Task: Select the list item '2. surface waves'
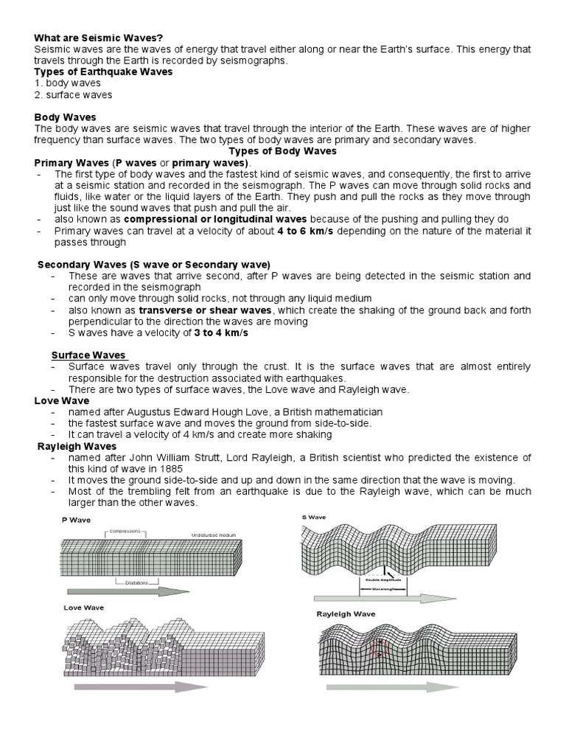[74, 94]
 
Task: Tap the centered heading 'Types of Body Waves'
[283, 151]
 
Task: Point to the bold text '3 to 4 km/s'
[221, 333]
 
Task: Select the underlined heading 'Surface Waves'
[88, 355]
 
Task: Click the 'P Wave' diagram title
[74, 521]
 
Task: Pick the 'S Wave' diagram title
[314, 518]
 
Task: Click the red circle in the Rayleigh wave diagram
[379, 648]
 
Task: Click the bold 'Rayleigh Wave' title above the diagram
[346, 614]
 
